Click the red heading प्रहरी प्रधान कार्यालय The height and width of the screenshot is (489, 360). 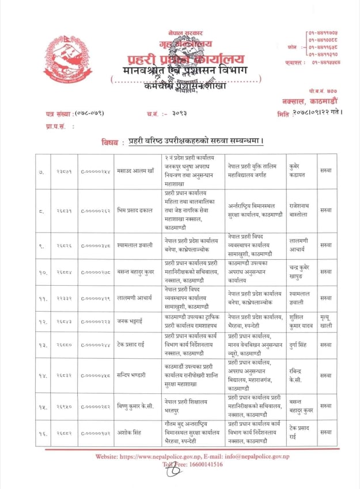[185, 60]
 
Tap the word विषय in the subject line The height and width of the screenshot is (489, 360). [110, 141]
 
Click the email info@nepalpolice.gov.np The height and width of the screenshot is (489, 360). [268, 456]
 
